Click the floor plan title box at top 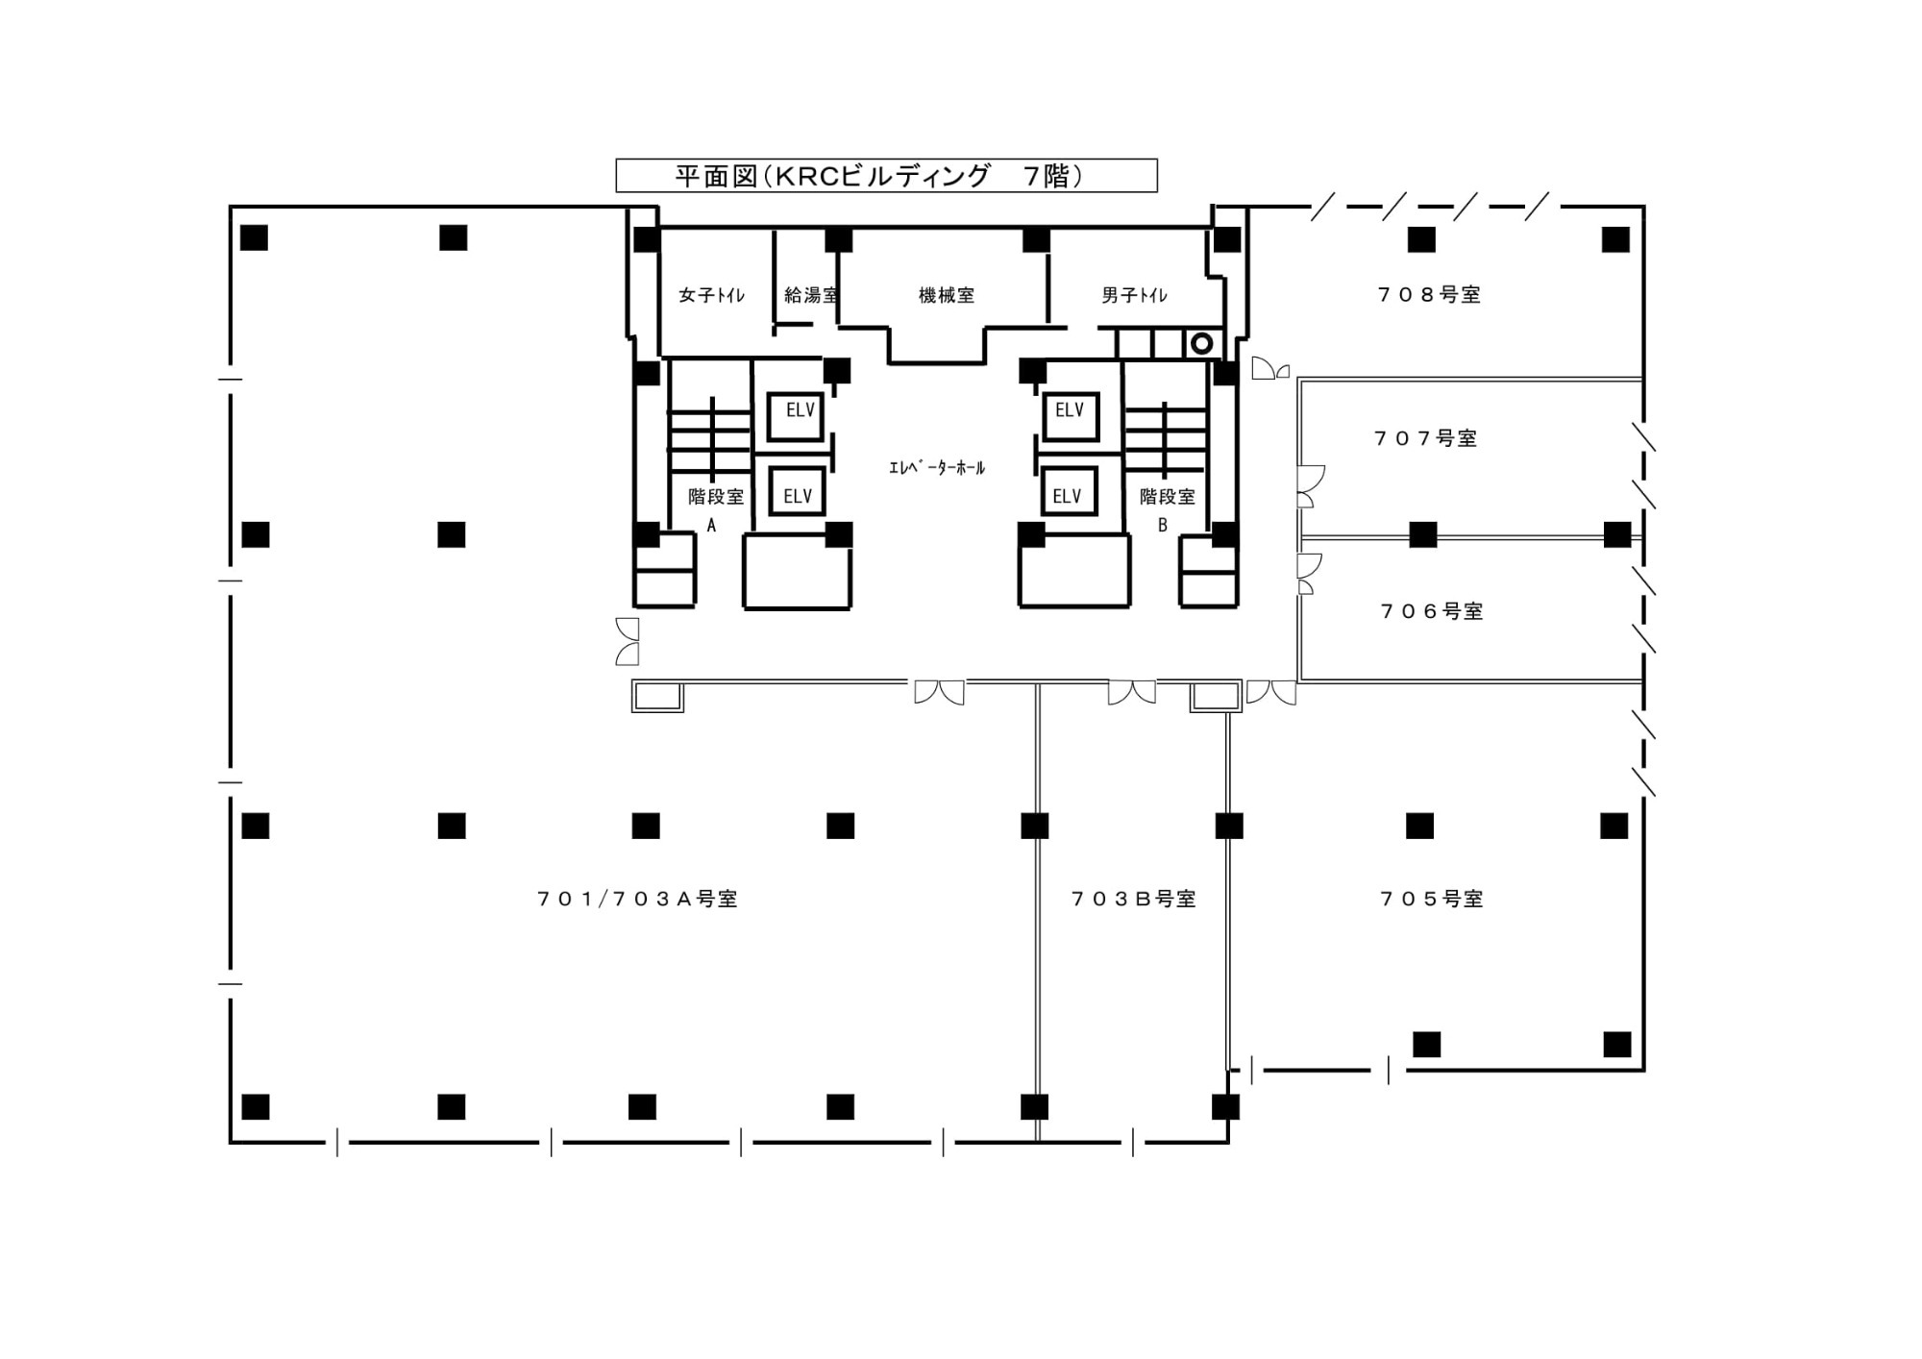point(886,176)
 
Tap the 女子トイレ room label point(711,295)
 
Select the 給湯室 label point(811,295)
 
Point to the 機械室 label point(947,295)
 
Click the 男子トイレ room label point(1134,295)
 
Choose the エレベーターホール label point(937,468)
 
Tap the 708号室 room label point(1429,295)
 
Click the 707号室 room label point(1425,438)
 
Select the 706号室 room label point(1432,611)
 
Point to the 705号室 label point(1432,899)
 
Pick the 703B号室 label point(1134,899)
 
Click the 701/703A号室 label point(637,899)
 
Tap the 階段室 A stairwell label point(715,509)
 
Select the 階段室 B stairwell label point(1167,509)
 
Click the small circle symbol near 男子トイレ point(1201,343)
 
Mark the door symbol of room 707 point(1311,486)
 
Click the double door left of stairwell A point(627,641)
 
